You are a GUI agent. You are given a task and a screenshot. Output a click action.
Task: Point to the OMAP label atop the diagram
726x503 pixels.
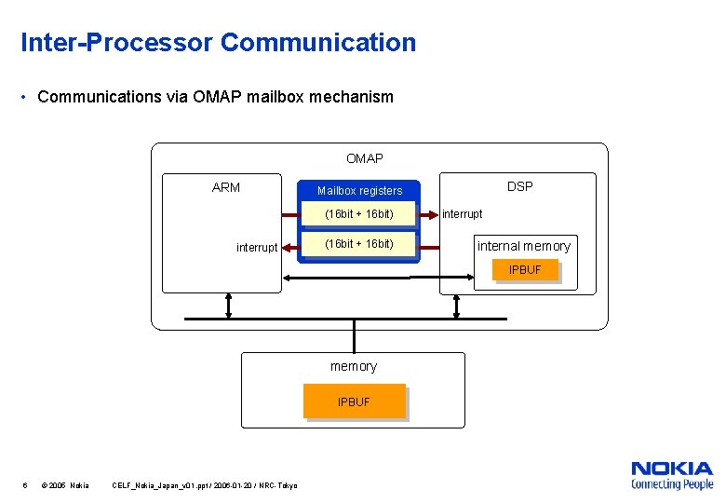pyautogui.click(x=364, y=158)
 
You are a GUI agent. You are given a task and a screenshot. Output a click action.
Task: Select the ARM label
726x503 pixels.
pyautogui.click(x=225, y=187)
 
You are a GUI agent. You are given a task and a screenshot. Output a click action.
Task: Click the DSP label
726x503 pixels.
pyautogui.click(x=519, y=186)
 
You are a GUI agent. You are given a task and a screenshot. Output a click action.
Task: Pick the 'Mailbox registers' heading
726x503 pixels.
pyautogui.click(x=359, y=191)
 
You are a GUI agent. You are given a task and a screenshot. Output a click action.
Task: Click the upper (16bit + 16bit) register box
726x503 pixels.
pyautogui.click(x=358, y=215)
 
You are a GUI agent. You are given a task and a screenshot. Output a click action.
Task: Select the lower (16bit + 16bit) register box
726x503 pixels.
pyautogui.click(x=358, y=244)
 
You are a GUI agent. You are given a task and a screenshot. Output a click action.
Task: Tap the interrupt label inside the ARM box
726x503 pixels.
pyautogui.click(x=257, y=247)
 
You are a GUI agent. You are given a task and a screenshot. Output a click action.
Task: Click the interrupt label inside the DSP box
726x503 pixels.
pyautogui.click(x=462, y=214)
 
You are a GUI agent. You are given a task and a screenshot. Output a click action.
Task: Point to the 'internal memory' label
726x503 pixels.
pyautogui.click(x=523, y=246)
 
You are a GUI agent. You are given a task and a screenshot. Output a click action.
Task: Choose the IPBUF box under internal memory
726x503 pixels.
pyautogui.click(x=525, y=270)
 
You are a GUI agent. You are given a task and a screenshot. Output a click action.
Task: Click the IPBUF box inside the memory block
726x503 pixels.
pyautogui.click(x=354, y=401)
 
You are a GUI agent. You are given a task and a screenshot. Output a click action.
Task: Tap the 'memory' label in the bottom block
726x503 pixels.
pyautogui.click(x=354, y=366)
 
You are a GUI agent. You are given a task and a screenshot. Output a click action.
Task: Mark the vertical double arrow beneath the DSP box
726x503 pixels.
pyautogui.click(x=456, y=305)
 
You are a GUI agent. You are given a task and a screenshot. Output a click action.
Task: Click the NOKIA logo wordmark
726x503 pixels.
pyautogui.click(x=671, y=469)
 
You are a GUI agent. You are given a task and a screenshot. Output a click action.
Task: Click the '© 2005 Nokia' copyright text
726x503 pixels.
pyautogui.click(x=66, y=485)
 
